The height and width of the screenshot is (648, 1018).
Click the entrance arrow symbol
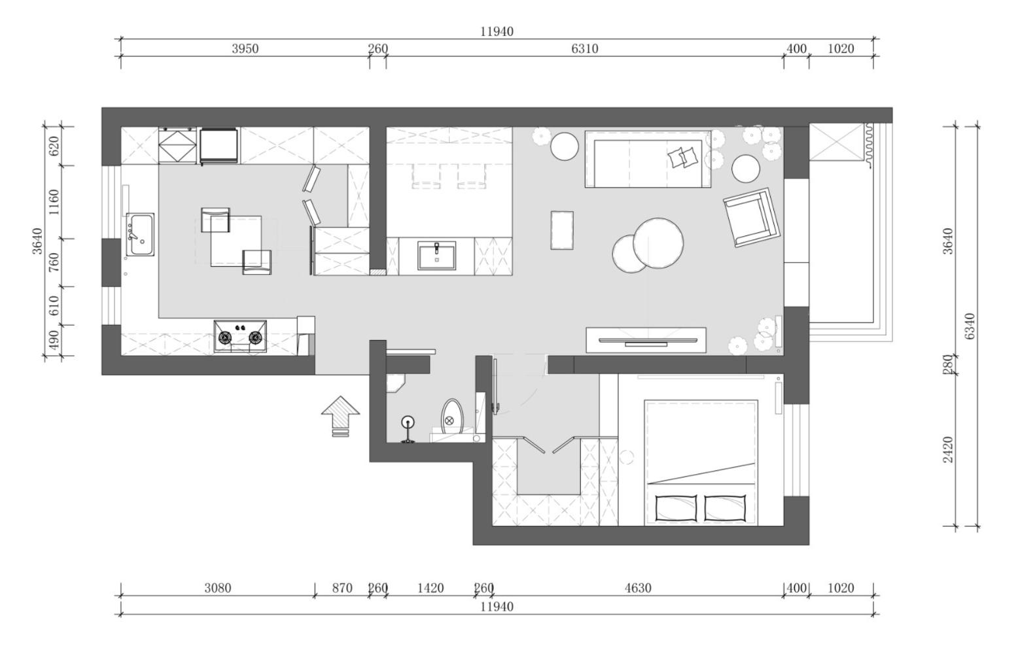click(340, 415)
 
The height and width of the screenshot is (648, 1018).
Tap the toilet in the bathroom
click(451, 417)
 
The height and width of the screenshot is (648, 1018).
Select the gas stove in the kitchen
click(240, 337)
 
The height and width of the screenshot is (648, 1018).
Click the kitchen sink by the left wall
click(141, 234)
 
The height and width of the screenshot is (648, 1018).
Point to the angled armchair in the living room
click(752, 217)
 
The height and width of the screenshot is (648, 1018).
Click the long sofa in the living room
click(648, 159)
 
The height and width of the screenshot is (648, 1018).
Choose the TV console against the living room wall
click(646, 339)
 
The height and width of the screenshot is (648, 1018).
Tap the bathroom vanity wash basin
click(437, 256)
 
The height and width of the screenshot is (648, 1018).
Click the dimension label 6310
click(584, 48)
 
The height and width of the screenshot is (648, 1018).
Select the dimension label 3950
click(245, 48)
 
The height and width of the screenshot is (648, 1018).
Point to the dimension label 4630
click(638, 588)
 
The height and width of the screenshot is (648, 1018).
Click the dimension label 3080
click(218, 588)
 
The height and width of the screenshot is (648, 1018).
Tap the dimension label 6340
click(970, 326)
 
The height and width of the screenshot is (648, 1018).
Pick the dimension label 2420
click(948, 450)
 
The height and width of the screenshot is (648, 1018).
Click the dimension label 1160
click(54, 202)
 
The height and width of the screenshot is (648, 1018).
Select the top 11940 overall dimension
click(497, 31)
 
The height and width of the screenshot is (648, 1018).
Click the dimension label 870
click(342, 588)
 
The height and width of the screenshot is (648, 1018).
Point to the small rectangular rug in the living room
click(562, 230)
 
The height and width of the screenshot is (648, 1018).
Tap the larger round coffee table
click(658, 243)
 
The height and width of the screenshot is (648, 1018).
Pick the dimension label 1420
click(430, 588)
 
